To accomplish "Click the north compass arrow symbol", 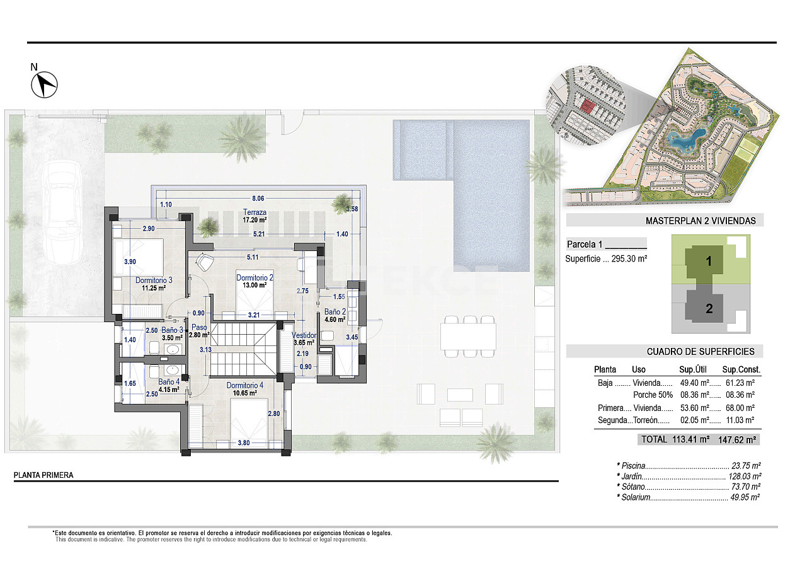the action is pyautogui.click(x=44, y=85).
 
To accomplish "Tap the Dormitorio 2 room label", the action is pyautogui.click(x=255, y=277).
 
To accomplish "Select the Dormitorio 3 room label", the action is pyautogui.click(x=154, y=280).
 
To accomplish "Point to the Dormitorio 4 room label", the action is pyautogui.click(x=245, y=385).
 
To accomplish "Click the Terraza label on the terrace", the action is pyautogui.click(x=255, y=212).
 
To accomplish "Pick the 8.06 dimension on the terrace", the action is pyautogui.click(x=258, y=199).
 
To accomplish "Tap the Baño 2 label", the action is pyautogui.click(x=335, y=312).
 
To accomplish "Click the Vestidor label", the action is pyautogui.click(x=304, y=335).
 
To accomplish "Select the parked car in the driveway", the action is pyautogui.click(x=62, y=212).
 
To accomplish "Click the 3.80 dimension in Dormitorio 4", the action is pyautogui.click(x=243, y=442).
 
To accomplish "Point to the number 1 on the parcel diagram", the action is pyautogui.click(x=709, y=262).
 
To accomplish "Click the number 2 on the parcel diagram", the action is pyautogui.click(x=709, y=308).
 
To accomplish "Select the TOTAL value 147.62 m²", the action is pyautogui.click(x=737, y=440).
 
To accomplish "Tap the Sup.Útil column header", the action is pyautogui.click(x=693, y=369).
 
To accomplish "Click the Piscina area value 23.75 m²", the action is pyautogui.click(x=746, y=465).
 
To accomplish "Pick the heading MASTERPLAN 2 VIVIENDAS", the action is pyautogui.click(x=701, y=221).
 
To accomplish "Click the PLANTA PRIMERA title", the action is pyautogui.click(x=43, y=475).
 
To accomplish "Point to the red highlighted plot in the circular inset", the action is pyautogui.click(x=587, y=107).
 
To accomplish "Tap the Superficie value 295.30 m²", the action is pyautogui.click(x=629, y=259).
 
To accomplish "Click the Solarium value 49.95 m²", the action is pyautogui.click(x=745, y=497).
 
